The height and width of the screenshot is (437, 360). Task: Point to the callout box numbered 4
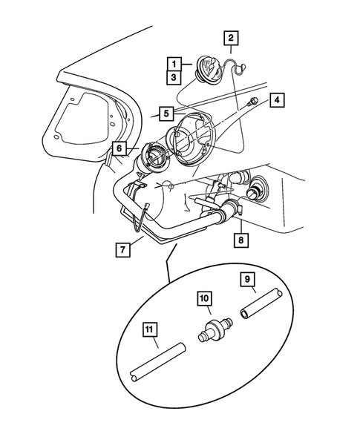tap(276, 99)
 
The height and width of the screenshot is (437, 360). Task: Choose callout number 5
tap(166, 114)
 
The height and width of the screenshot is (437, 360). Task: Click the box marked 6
tap(119, 148)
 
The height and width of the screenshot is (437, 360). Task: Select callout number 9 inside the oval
tap(248, 280)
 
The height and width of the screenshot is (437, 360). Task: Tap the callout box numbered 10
tap(203, 300)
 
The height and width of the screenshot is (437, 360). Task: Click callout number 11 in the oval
tap(149, 331)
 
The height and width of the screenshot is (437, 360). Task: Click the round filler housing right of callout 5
tap(191, 140)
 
